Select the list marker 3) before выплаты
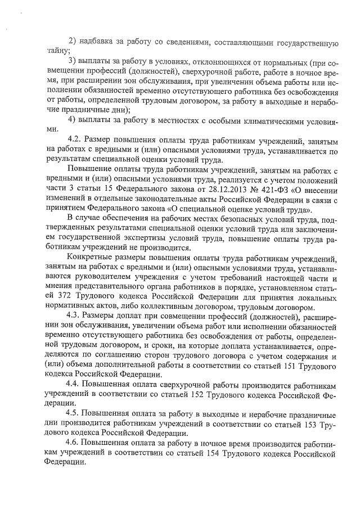[x=71, y=60]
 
